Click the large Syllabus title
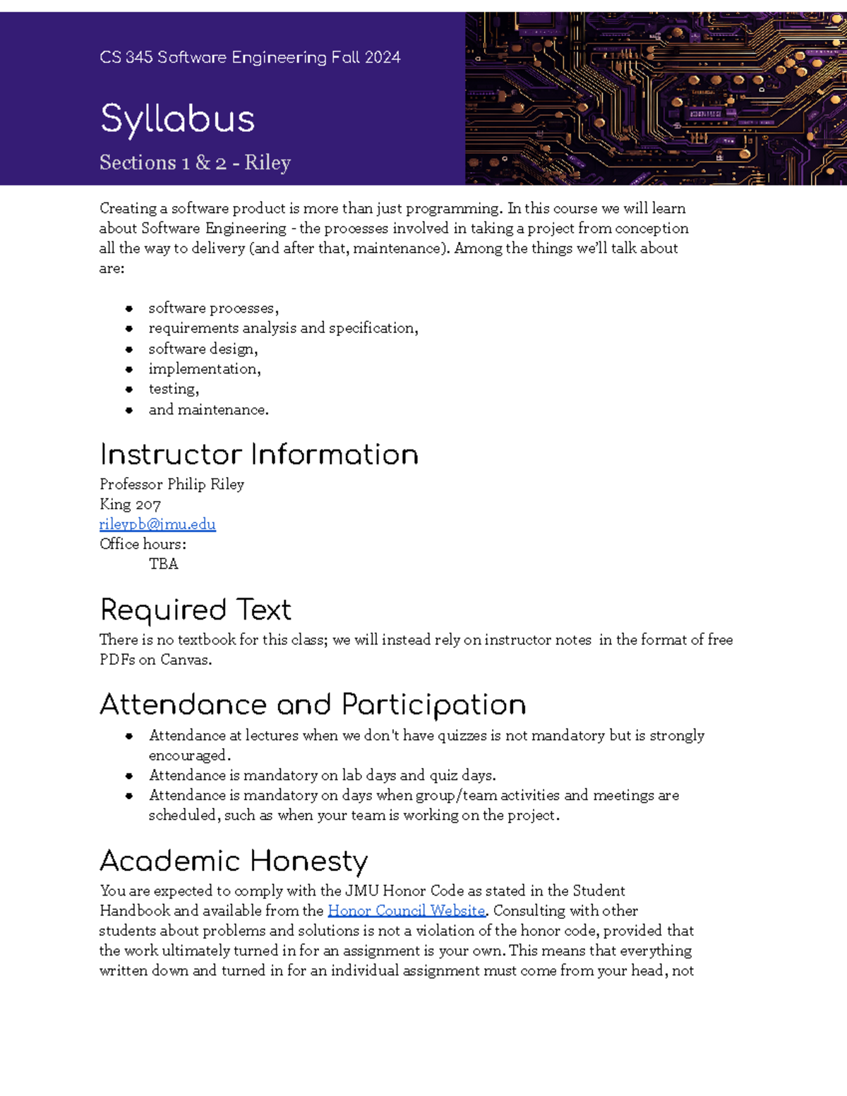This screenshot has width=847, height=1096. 177,119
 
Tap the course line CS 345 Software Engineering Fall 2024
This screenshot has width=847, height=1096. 250,57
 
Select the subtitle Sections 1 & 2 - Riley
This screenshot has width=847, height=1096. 195,162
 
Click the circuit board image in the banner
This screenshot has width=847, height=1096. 655,99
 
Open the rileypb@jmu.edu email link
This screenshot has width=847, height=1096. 157,524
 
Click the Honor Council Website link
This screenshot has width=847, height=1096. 406,911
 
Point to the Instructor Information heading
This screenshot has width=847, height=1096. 259,454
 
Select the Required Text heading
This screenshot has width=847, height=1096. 196,610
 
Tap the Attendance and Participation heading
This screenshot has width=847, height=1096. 313,704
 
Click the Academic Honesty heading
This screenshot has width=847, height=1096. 234,861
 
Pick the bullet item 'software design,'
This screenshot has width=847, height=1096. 203,349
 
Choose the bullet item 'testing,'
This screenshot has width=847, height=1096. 174,389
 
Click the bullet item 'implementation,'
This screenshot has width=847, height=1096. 205,368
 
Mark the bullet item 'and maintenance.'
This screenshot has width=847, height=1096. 208,409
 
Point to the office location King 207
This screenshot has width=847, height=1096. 130,505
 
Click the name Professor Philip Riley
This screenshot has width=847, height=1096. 172,484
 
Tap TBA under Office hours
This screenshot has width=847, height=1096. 163,564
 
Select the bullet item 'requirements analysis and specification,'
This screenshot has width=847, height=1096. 283,328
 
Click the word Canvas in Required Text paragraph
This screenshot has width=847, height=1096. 185,660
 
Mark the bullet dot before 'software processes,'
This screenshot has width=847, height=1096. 129,308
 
